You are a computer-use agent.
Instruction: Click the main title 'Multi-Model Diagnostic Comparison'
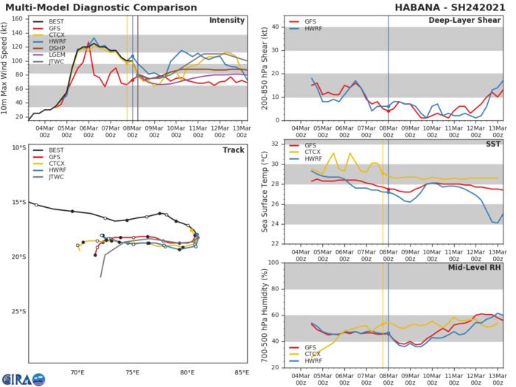86,7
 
